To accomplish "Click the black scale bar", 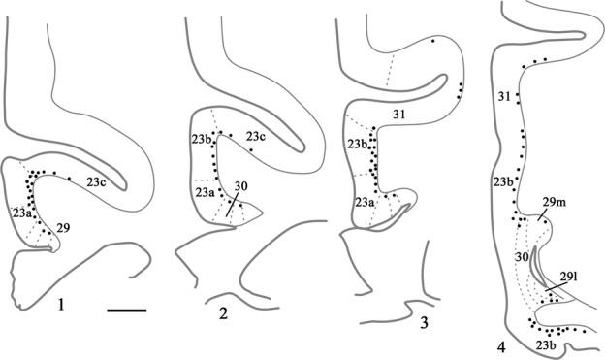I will [x=126, y=311].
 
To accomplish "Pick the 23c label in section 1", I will [x=96, y=181].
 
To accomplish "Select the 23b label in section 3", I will [x=360, y=147].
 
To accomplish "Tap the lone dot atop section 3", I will [x=432, y=43].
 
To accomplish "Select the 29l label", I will [x=564, y=276].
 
